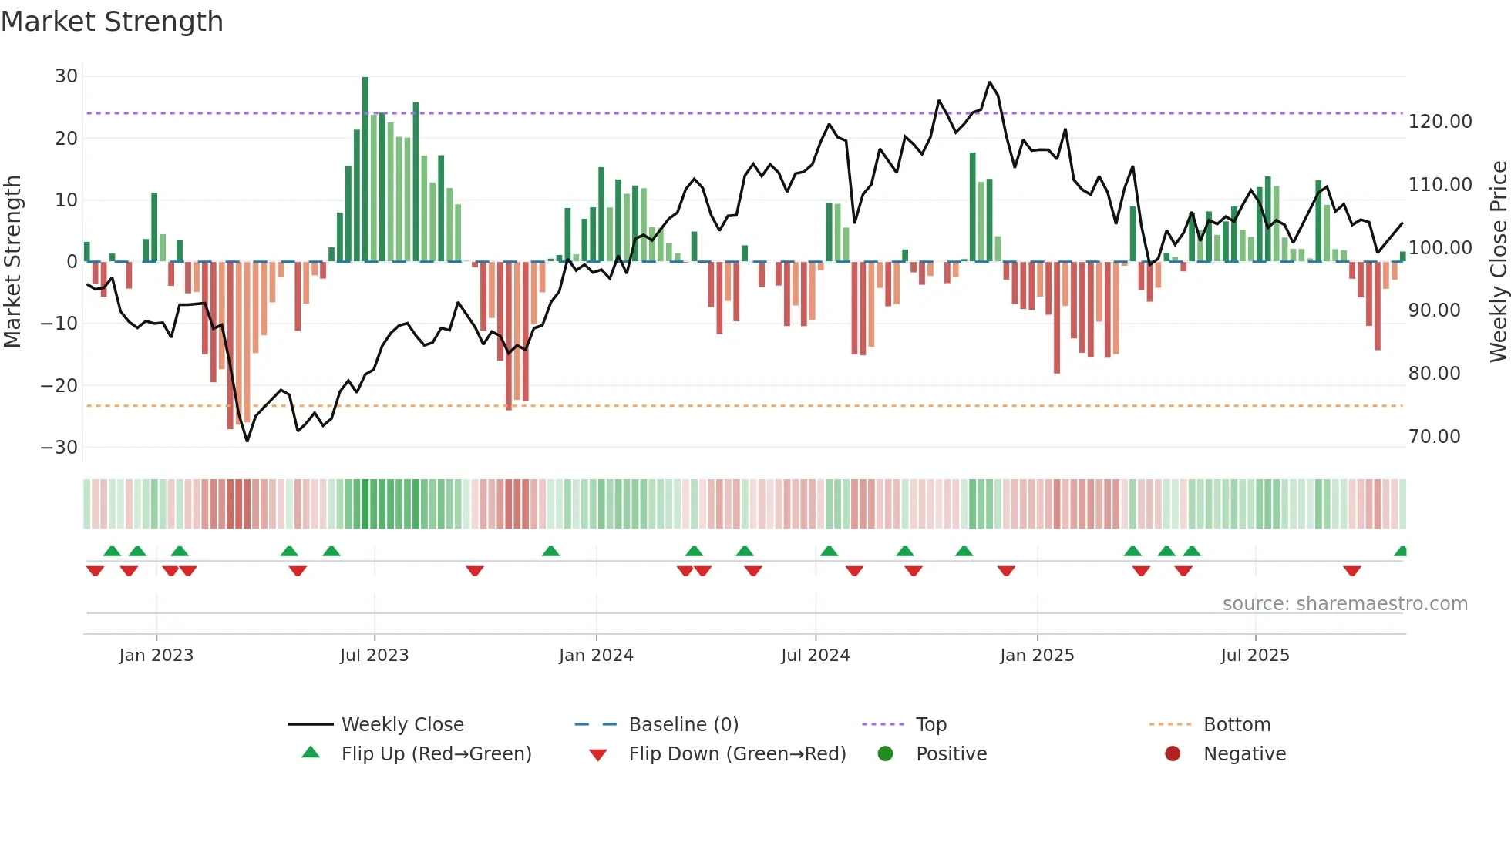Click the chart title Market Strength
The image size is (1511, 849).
(112, 22)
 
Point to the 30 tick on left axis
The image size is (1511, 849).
(66, 76)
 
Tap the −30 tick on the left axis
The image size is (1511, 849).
(59, 448)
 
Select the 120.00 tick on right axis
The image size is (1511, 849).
(1439, 122)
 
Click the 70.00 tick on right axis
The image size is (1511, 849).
(1434, 437)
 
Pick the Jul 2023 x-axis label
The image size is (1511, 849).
(374, 656)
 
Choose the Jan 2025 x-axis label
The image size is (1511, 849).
(1036, 656)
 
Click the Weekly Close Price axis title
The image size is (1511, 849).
(1498, 262)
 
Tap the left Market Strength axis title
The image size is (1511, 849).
(12, 262)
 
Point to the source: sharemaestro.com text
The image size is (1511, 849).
(1344, 604)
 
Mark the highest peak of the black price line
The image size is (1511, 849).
(990, 82)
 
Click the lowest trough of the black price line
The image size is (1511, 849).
(247, 441)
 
